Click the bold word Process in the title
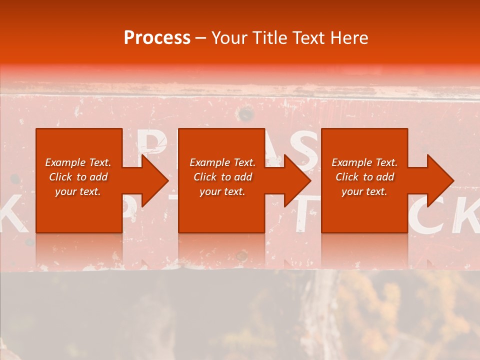tap(157, 37)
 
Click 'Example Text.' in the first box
tap(78, 162)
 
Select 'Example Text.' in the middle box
tap(222, 162)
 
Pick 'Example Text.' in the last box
tap(364, 162)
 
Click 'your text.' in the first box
tap(78, 191)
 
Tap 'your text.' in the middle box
tap(222, 191)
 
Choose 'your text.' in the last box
tap(364, 191)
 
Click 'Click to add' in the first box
tap(78, 177)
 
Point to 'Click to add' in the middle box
tap(222, 177)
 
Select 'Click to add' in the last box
tap(364, 177)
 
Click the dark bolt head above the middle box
tap(245, 114)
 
